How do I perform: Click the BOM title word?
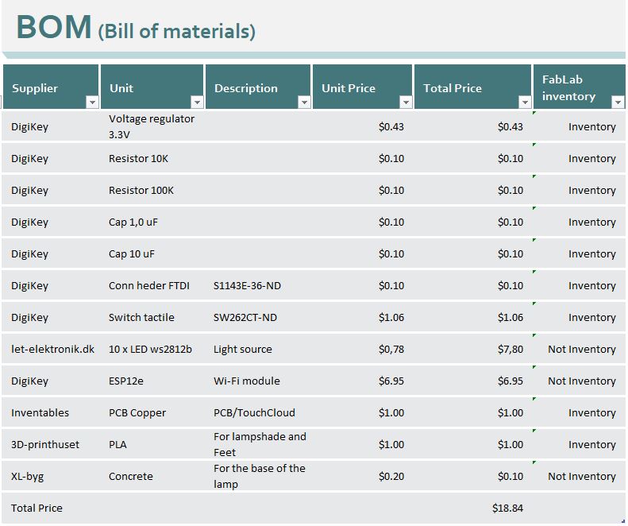tap(54, 29)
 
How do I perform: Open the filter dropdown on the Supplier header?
tap(91, 102)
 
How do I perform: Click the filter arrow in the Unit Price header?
tap(406, 102)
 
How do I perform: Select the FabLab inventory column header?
tap(568, 87)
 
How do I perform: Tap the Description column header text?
tap(246, 88)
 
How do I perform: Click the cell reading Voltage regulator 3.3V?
tap(152, 126)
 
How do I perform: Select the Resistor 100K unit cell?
tap(141, 191)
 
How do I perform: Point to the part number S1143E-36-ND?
tap(247, 286)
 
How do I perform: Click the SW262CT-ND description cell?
tap(245, 318)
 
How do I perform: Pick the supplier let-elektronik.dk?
tap(52, 350)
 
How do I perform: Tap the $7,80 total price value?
tap(510, 350)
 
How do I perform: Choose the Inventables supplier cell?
tap(40, 413)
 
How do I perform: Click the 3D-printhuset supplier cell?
tap(45, 445)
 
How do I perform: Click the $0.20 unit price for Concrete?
tap(391, 477)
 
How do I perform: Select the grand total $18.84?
tap(508, 509)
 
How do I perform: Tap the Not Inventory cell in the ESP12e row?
tap(582, 381)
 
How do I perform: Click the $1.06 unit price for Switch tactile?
tap(391, 318)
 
